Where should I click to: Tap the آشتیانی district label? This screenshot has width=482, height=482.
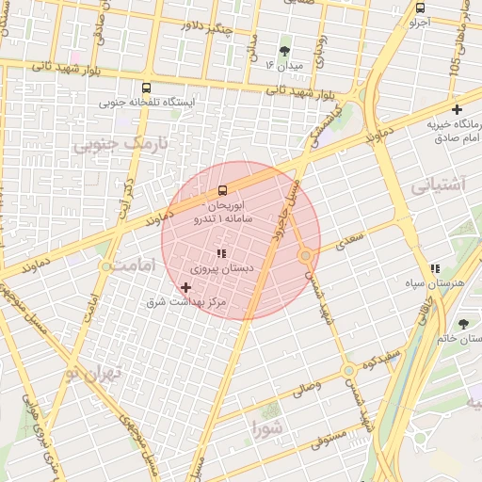coord(437,185)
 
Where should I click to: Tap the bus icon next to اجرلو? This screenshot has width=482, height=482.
coord(420,8)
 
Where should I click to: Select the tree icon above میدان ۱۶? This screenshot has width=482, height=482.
coord(284,51)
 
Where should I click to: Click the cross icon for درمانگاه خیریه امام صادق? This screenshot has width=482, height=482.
coord(457,110)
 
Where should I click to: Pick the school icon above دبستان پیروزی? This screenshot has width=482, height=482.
coord(221,253)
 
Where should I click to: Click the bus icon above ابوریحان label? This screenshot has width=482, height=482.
coord(222,190)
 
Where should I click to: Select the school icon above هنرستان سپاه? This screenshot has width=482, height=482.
coord(435,268)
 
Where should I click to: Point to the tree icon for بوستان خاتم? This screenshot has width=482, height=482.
coord(462,324)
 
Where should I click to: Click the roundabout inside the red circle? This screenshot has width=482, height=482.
coord(306,255)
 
